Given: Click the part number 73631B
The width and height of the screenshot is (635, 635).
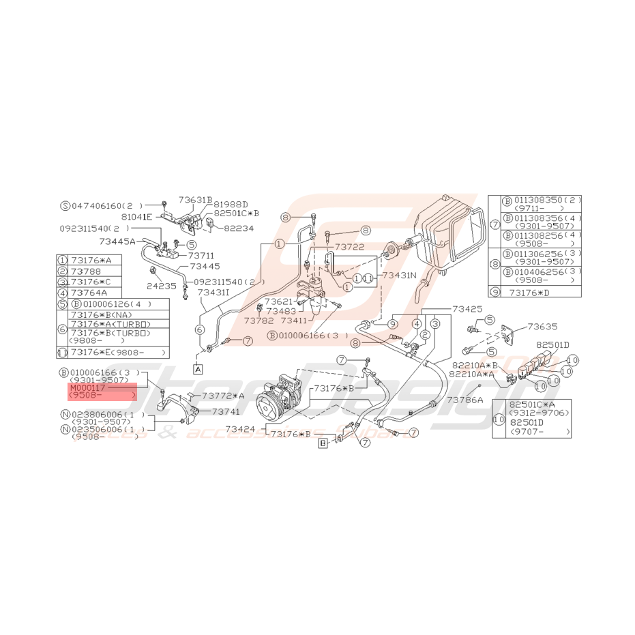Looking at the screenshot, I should (x=196, y=200).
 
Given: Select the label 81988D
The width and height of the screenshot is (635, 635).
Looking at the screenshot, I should (x=231, y=203).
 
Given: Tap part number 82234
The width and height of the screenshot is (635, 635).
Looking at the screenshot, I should (x=239, y=229).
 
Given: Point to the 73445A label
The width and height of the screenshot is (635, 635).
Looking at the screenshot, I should (x=117, y=240).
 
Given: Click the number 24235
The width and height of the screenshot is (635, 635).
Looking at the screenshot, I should (x=162, y=287).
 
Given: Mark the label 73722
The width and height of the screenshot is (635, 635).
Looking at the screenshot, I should (x=349, y=246).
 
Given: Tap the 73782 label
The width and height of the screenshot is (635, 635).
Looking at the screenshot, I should (x=259, y=321).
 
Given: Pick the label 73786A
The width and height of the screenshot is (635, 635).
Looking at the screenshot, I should (x=466, y=400).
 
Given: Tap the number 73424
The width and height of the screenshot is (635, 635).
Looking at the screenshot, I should (x=241, y=430).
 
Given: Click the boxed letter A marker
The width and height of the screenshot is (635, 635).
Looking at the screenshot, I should (x=198, y=369).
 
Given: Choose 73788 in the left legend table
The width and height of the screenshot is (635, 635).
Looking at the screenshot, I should (x=85, y=271).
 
